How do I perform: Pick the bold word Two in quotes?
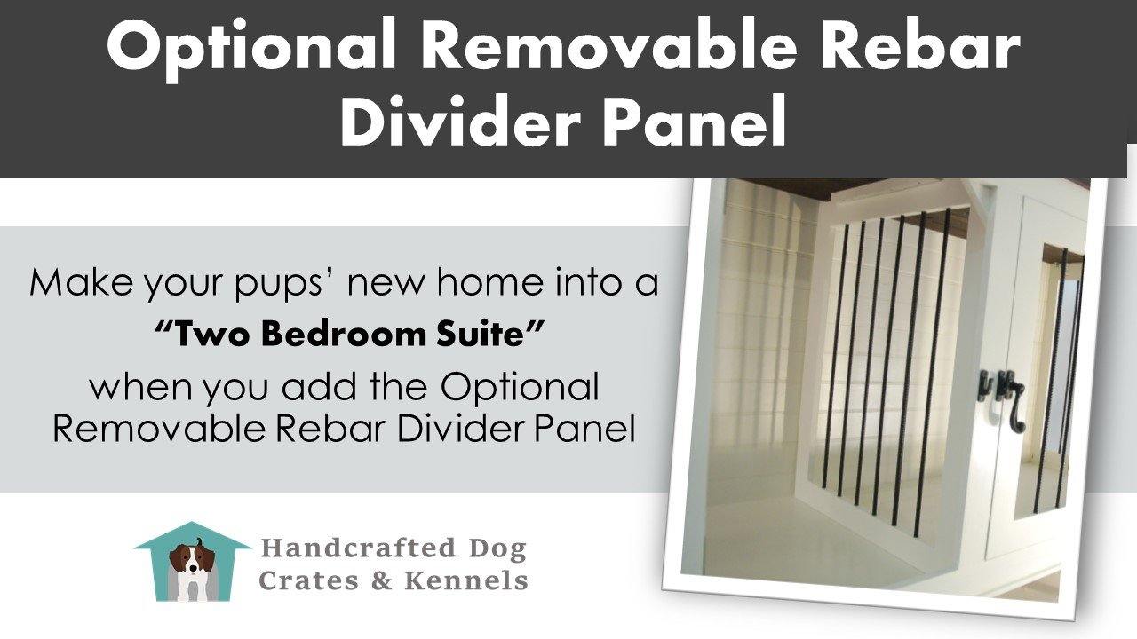(x=212, y=335)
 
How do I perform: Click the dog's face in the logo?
(x=191, y=560)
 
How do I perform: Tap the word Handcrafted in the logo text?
(x=358, y=548)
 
